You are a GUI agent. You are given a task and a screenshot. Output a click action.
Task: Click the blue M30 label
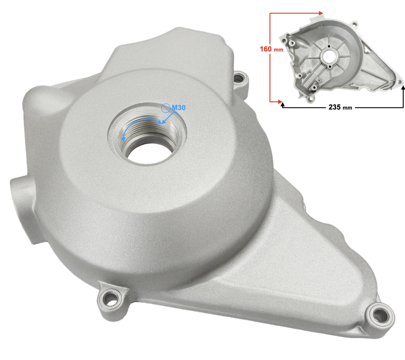click(x=179, y=108)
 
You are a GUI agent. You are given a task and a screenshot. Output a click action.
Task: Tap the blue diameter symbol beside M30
click(x=166, y=108)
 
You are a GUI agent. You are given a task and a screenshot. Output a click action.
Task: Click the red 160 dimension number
click(x=265, y=49)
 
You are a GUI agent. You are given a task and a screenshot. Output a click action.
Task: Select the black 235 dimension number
click(x=334, y=107)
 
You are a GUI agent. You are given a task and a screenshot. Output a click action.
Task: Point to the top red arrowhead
click(x=321, y=13)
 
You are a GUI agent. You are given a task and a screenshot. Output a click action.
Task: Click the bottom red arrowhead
click(x=280, y=102)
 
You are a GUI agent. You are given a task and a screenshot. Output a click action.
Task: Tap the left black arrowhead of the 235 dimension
click(x=283, y=104)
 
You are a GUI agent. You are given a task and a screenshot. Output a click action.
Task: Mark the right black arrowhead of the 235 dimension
click(x=403, y=88)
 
